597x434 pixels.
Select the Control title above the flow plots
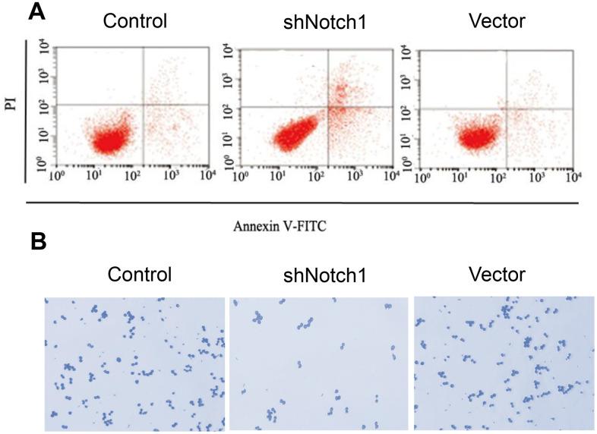coord(134,21)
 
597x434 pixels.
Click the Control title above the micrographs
coord(140,274)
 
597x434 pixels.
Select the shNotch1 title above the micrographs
coord(319,274)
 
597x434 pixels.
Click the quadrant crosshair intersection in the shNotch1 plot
coord(329,106)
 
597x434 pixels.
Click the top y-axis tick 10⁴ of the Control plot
coord(46,49)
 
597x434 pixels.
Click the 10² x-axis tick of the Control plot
coord(129,176)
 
